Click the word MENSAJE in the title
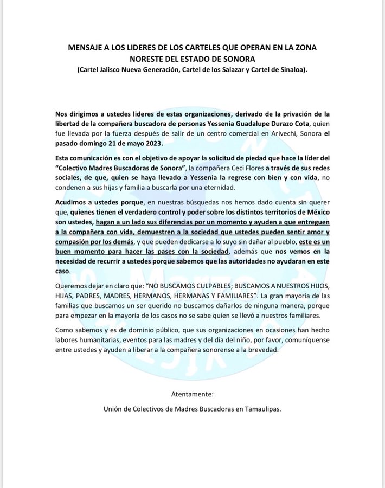click(x=89, y=48)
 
